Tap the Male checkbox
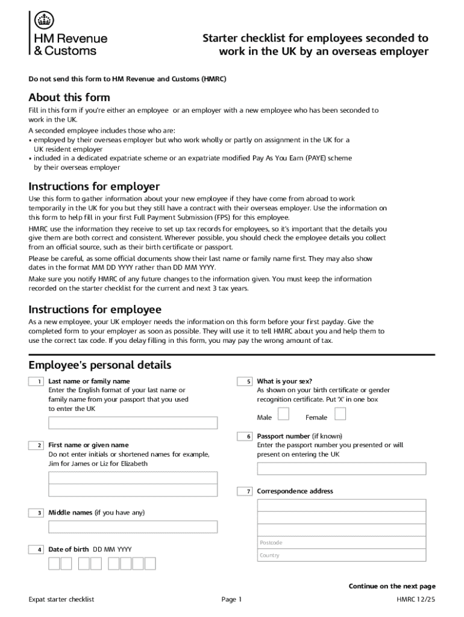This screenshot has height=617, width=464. click(x=283, y=414)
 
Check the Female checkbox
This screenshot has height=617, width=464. click(x=340, y=414)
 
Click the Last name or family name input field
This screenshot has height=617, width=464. click(x=133, y=422)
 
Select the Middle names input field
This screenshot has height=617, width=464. click(x=133, y=527)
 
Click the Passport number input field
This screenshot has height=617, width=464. click(x=341, y=469)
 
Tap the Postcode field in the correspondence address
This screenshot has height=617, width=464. click(x=341, y=542)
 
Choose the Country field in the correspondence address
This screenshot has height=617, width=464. click(x=341, y=555)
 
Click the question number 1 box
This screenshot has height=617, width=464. click(x=36, y=382)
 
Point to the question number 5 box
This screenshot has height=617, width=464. click(x=245, y=382)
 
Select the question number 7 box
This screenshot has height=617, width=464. click(x=245, y=492)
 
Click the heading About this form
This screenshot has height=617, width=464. click(x=69, y=98)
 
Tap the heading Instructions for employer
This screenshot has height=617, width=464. click(x=94, y=186)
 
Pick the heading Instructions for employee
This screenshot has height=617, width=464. click(x=95, y=310)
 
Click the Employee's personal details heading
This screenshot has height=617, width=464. click(x=100, y=365)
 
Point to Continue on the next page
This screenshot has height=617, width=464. click(x=392, y=586)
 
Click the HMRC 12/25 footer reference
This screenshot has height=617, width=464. click(x=415, y=600)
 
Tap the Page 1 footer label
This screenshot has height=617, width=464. click(x=231, y=600)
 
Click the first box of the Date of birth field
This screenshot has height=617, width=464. click(x=54, y=563)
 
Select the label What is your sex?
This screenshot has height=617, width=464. click(x=284, y=381)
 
